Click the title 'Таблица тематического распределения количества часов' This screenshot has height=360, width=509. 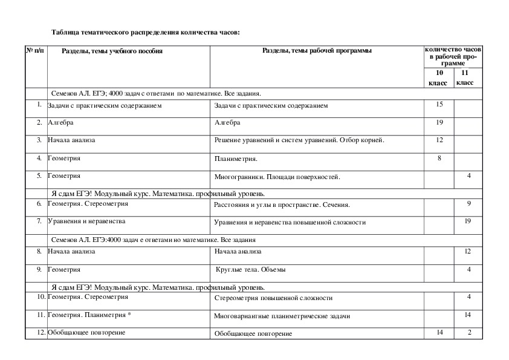[146, 31]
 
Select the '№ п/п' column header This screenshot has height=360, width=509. [35, 51]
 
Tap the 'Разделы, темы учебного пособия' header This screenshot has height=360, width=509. [112, 51]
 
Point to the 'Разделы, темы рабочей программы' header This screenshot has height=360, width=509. [317, 51]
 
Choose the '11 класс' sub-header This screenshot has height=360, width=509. [465, 77]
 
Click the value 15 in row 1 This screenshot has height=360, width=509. [439, 105]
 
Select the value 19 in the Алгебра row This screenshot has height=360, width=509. [439, 122]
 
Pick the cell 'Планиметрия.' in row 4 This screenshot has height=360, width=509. [236, 160]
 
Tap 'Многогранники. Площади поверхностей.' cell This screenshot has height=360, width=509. [277, 177]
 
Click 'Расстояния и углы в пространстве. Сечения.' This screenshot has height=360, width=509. [282, 205]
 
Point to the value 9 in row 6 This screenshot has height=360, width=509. [468, 204]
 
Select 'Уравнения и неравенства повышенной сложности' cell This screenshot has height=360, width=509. [290, 223]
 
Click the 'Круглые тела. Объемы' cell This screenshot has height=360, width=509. [251, 269]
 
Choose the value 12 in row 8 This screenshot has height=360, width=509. [467, 251]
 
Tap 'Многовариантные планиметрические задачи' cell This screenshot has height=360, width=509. [282, 316]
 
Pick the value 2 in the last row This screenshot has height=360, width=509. [468, 332]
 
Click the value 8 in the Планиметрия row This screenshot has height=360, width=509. [439, 158]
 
